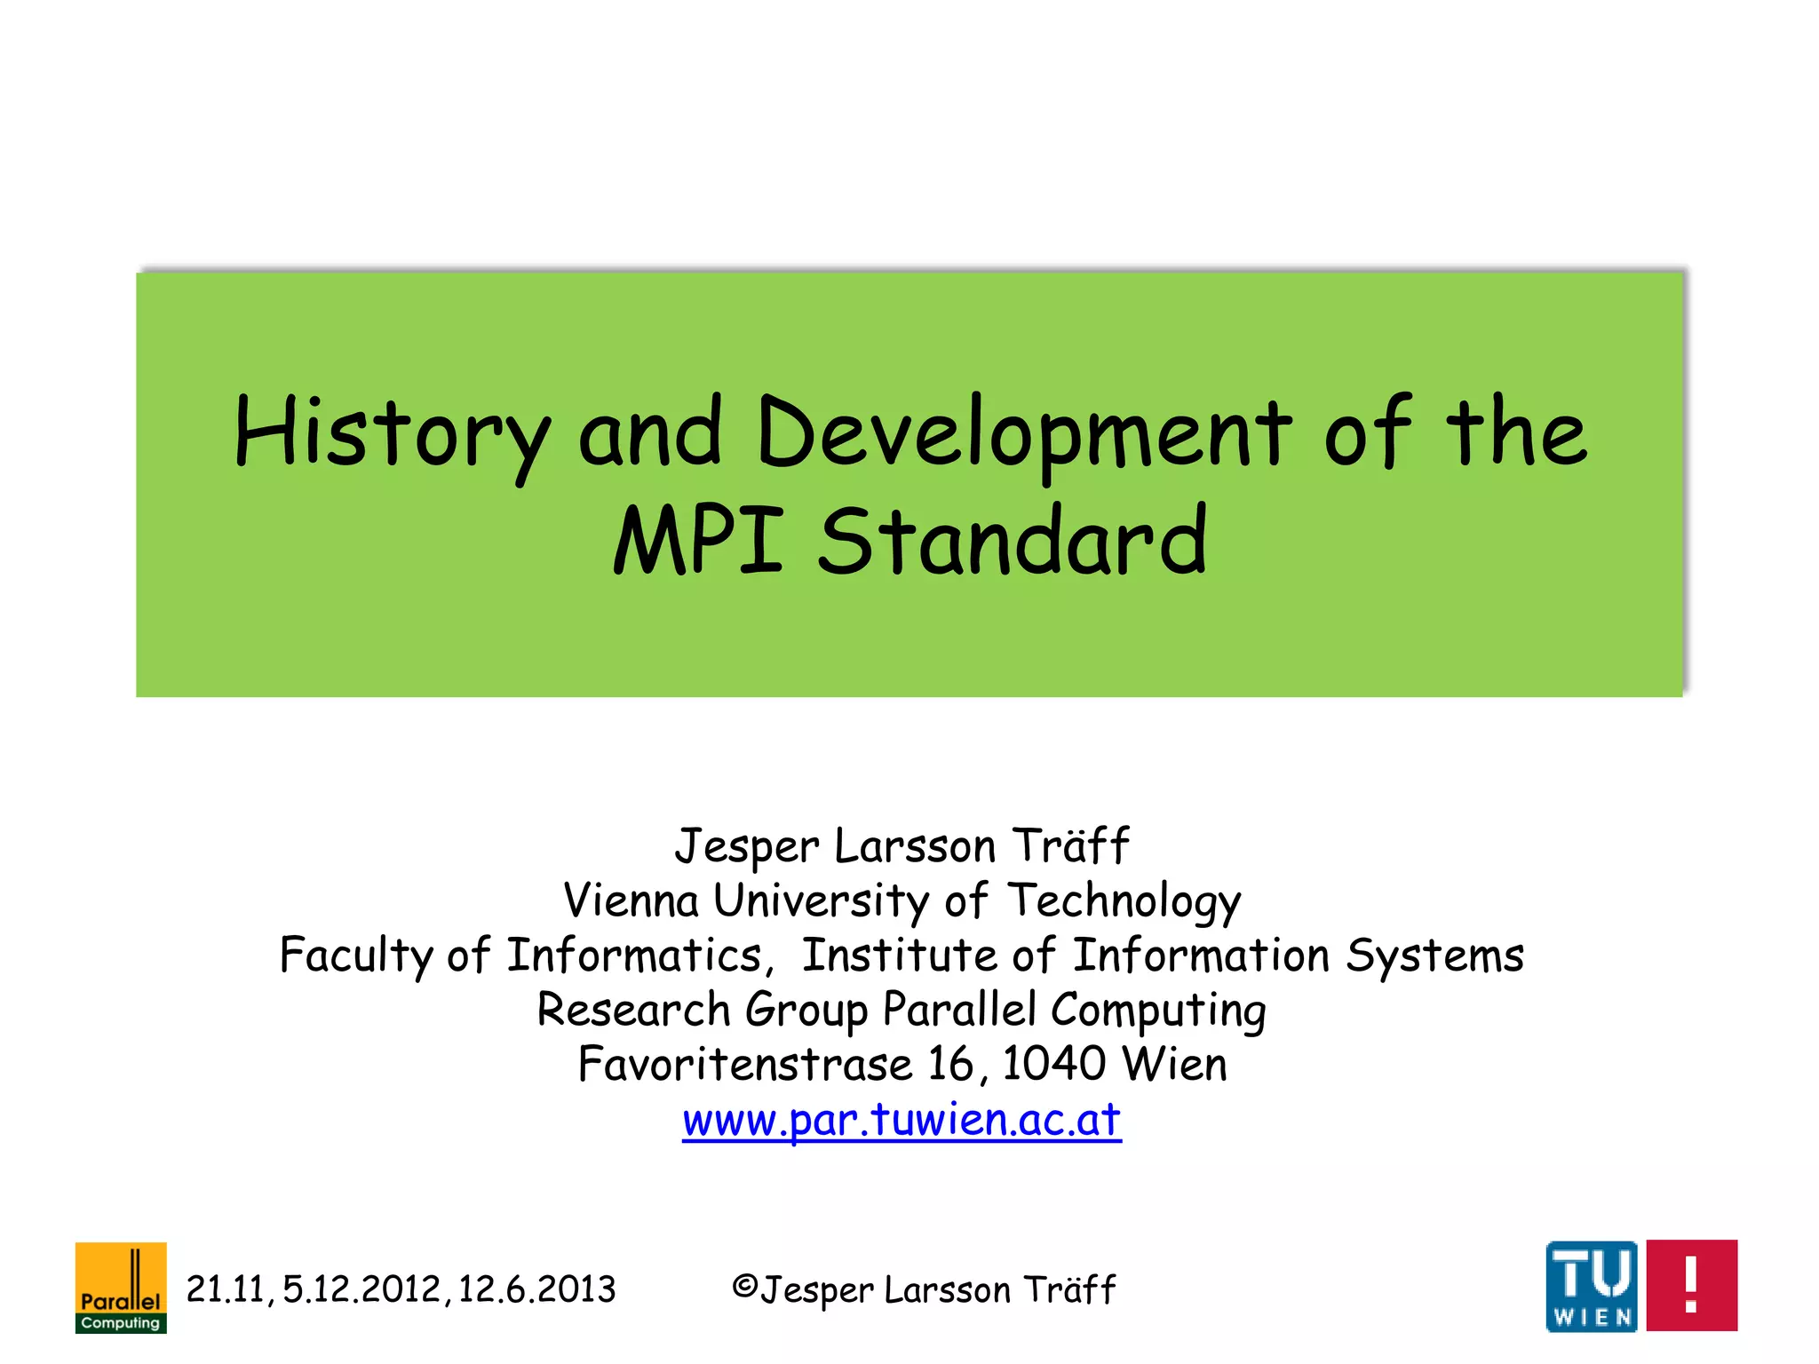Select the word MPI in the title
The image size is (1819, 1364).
[698, 540]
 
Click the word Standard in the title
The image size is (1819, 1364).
[1013, 540]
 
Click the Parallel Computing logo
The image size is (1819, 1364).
[121, 1288]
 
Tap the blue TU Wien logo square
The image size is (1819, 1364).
[1592, 1286]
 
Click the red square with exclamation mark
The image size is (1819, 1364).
[1691, 1286]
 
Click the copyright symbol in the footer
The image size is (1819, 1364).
[744, 1287]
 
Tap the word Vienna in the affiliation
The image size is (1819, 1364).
[631, 900]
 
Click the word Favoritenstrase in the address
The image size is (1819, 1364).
[745, 1064]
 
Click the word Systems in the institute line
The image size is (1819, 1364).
[1434, 956]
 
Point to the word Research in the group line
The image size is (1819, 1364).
[633, 1010]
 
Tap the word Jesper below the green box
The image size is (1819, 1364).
[746, 846]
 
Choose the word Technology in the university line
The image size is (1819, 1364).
[1124, 902]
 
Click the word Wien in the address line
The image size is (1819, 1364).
[1173, 1064]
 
